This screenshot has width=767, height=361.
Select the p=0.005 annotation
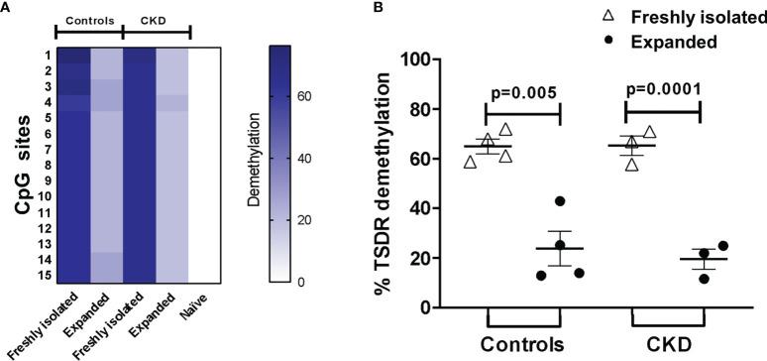pos(525,94)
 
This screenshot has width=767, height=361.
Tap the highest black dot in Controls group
pos(560,201)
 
